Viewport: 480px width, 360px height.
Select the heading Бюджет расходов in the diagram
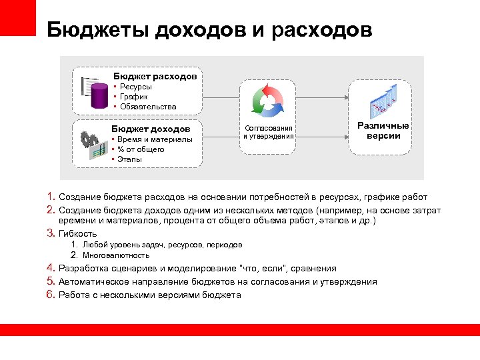[155, 76]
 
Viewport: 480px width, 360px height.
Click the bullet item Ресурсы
[135, 87]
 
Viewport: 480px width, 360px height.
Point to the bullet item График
[134, 97]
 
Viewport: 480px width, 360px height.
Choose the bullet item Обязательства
[147, 107]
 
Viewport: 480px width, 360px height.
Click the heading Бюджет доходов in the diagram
[151, 129]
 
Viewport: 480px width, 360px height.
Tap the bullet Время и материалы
[155, 139]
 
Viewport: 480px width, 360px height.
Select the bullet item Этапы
[131, 159]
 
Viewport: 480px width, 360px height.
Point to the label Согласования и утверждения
[268, 131]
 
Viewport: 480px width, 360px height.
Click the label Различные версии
[383, 131]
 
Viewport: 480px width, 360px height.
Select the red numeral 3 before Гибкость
[51, 233]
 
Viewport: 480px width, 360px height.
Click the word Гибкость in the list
[78, 234]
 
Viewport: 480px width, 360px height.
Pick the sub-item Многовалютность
[116, 255]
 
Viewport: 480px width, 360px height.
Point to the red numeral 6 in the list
[51, 295]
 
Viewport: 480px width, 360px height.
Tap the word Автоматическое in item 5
[91, 282]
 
